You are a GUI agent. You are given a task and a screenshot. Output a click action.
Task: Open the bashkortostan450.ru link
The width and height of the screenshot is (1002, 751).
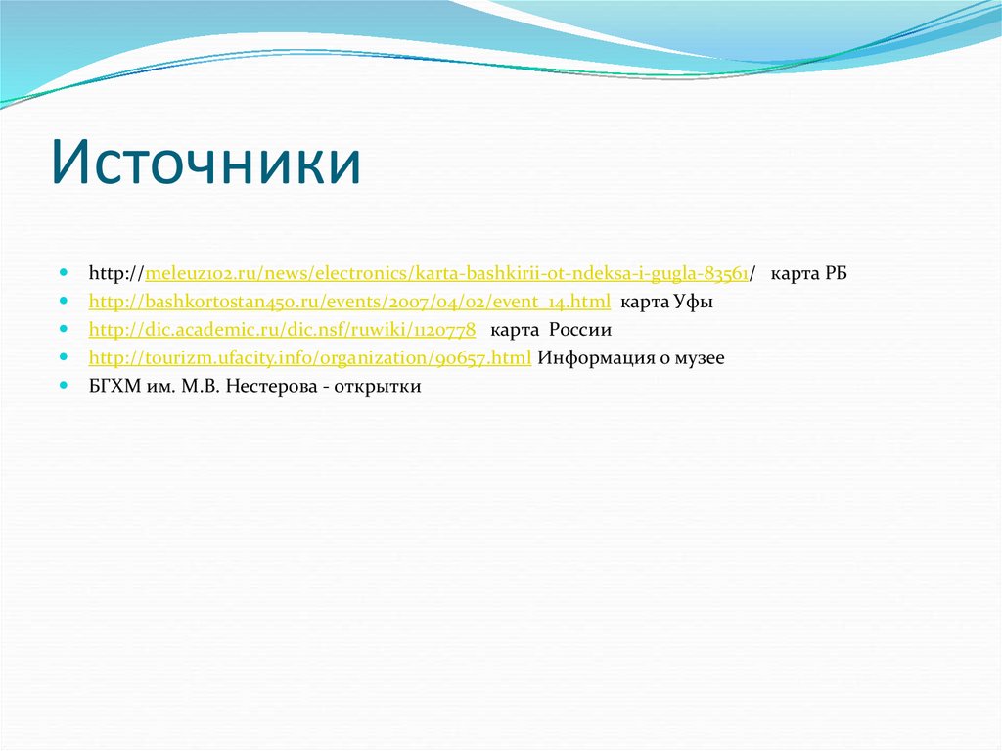pos(349,302)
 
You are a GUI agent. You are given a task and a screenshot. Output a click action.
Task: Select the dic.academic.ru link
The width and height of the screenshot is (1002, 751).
pos(282,330)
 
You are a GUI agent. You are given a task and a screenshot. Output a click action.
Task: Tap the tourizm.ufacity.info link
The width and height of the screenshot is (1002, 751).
pos(310,358)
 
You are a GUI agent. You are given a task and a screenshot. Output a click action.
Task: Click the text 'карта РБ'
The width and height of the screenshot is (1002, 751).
pos(808,273)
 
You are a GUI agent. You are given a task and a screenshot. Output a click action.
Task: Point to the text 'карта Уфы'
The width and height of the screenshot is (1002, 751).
pos(667,302)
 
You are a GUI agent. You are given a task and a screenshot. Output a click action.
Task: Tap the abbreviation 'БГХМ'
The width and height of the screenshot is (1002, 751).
pos(114,387)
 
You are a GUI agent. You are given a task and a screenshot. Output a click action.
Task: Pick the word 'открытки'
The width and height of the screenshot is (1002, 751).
pos(378,387)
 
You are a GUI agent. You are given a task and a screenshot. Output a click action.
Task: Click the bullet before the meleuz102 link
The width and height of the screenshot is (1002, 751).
pos(64,272)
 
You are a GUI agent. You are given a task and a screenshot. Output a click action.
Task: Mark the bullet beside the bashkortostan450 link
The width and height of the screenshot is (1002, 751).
pos(64,301)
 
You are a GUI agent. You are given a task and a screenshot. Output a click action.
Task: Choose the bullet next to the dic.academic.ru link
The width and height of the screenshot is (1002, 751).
pos(64,329)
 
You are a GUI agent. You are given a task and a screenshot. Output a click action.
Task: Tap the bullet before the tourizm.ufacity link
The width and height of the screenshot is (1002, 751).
pos(64,357)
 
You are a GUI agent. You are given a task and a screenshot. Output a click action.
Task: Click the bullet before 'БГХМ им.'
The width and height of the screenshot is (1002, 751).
pos(64,386)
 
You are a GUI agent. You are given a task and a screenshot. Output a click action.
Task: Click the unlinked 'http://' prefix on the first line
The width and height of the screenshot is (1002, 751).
pos(116,273)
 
